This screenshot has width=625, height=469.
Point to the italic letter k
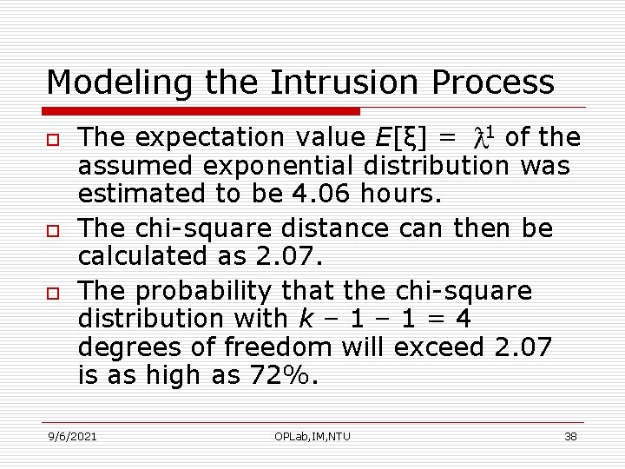[304, 319]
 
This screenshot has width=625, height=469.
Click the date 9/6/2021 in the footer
[72, 436]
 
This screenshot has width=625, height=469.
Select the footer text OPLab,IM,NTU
[311, 436]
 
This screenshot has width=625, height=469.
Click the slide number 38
[570, 436]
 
